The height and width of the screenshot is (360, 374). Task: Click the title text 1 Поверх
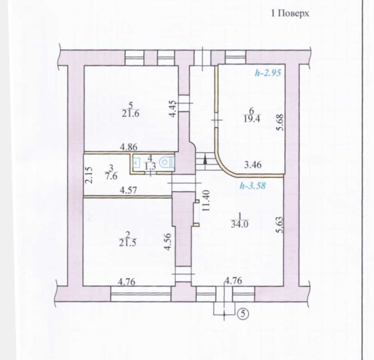[290, 13]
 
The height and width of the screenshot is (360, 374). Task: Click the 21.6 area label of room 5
[130, 114]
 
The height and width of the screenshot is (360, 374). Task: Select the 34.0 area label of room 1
[240, 224]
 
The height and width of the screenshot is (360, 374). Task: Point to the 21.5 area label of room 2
[128, 243]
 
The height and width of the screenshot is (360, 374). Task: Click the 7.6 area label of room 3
[111, 176]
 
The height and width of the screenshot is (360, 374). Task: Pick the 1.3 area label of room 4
[150, 166]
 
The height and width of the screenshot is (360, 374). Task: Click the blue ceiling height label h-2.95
[268, 73]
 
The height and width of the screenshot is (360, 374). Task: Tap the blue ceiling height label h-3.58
[253, 186]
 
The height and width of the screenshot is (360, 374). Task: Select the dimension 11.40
[206, 200]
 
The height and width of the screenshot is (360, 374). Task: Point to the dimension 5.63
[280, 225]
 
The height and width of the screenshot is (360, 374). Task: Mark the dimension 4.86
[128, 147]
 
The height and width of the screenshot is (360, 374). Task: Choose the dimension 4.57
[128, 190]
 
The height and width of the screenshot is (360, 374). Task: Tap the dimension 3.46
[253, 165]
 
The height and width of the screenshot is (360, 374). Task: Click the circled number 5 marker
[243, 314]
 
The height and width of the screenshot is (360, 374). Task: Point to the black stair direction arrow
[205, 161]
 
